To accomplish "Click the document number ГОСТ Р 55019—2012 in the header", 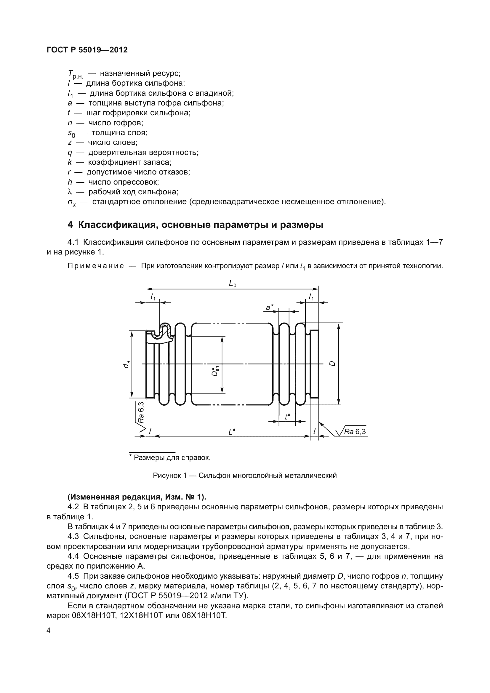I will tap(87, 50).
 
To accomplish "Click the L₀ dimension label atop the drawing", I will tap(232, 284).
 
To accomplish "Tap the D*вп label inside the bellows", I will tap(215, 372).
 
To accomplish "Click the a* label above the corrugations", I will tap(269, 307).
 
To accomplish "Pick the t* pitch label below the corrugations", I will tap(287, 417).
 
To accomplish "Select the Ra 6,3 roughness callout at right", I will tap(355, 432).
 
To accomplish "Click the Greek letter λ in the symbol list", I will tap(70, 192).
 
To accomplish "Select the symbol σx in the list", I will tap(72, 203).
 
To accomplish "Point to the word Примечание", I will tap(96, 266).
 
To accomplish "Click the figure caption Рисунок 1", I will tap(171, 476).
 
